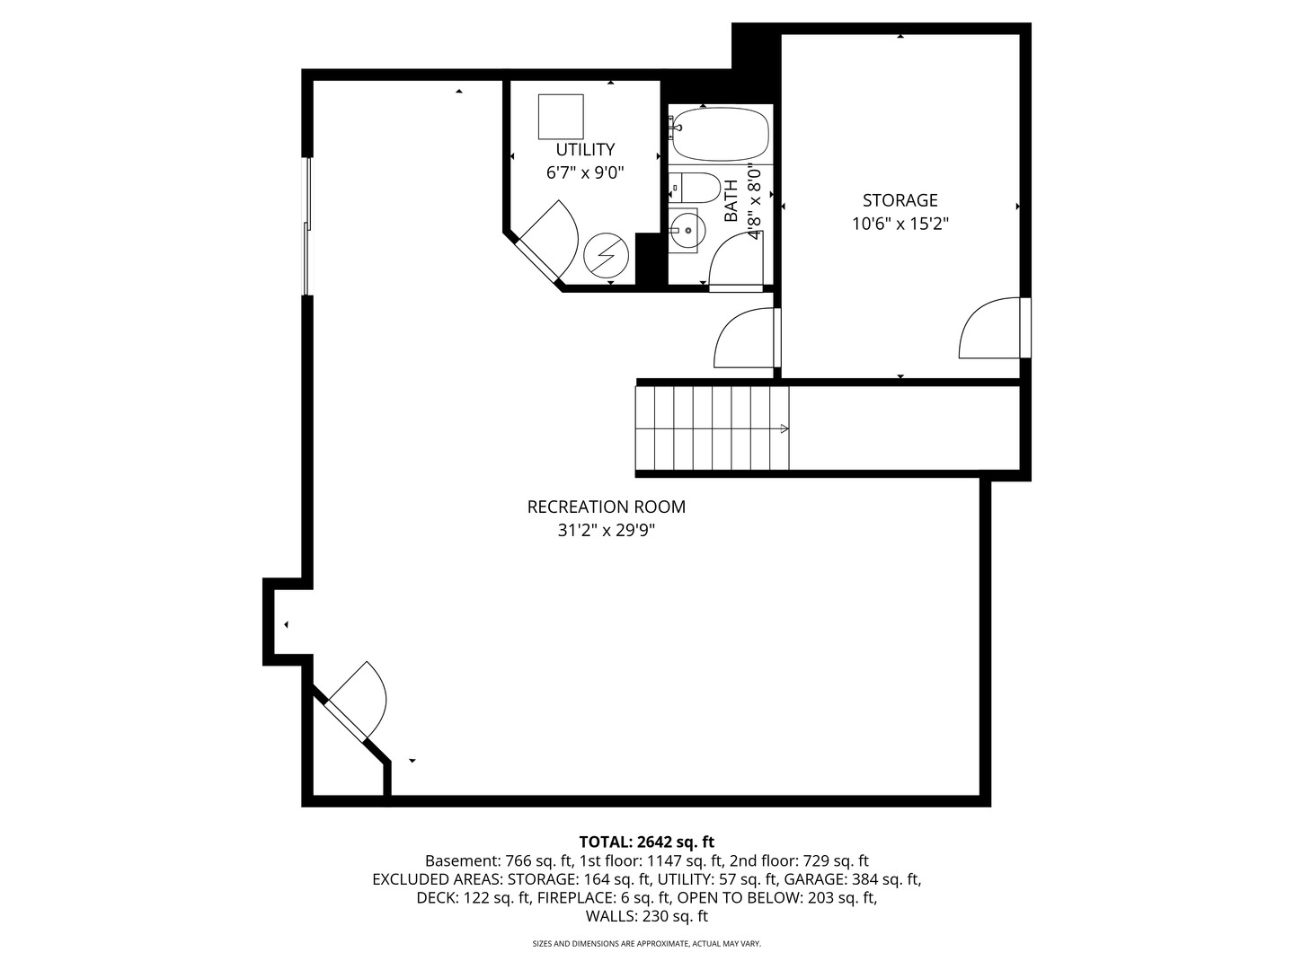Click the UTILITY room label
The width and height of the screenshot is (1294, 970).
pyautogui.click(x=585, y=149)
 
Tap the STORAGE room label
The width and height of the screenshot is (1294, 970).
pyautogui.click(x=900, y=200)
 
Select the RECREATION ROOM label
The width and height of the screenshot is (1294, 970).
pyautogui.click(x=606, y=507)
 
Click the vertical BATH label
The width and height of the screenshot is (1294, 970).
pyautogui.click(x=731, y=201)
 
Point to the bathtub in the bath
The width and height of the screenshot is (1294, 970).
pyautogui.click(x=721, y=135)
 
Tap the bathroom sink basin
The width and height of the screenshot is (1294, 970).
pyautogui.click(x=687, y=230)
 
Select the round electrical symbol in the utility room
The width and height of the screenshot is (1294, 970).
pyautogui.click(x=606, y=256)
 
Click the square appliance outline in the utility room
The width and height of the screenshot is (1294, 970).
pyautogui.click(x=561, y=117)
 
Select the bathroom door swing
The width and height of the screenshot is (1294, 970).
pyautogui.click(x=736, y=260)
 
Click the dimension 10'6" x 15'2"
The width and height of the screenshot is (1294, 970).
pyautogui.click(x=900, y=225)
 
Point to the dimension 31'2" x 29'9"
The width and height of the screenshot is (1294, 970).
pyautogui.click(x=606, y=531)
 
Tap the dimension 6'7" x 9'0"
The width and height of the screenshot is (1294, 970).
pyautogui.click(x=585, y=173)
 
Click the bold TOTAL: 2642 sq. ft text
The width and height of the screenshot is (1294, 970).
pyautogui.click(x=647, y=842)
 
